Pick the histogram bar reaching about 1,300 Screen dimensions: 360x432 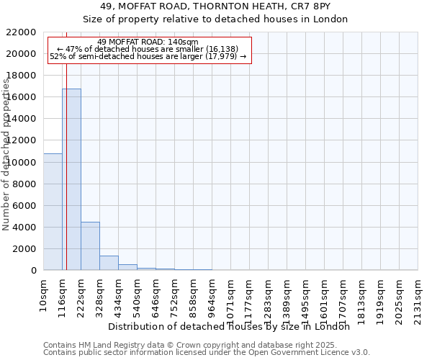[x=109, y=263]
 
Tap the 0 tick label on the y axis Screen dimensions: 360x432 [x=34, y=271]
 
